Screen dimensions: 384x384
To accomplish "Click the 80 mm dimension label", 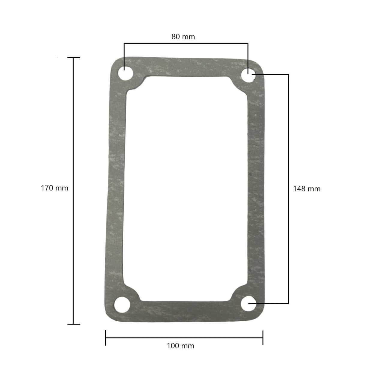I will [183, 37].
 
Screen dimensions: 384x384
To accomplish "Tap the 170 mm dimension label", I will [54, 188].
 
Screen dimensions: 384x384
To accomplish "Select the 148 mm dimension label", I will [307, 189].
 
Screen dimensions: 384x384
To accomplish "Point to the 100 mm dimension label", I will [180, 346].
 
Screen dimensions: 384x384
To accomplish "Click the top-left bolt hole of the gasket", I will [124, 74].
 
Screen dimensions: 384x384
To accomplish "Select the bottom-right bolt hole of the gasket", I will [248, 304].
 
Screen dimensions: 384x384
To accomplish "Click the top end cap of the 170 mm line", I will [73, 58].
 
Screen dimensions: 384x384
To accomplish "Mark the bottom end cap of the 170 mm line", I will [73, 324].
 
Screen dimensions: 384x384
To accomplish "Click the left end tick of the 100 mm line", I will [106, 337].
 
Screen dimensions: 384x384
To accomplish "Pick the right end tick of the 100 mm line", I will [263, 337].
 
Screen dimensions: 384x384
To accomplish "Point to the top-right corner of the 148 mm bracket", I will [288, 74].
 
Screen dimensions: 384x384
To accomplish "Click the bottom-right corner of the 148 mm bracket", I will [288, 303].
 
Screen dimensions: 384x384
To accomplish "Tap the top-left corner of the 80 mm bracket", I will [124, 43].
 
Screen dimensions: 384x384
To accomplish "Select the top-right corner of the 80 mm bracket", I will [248, 43].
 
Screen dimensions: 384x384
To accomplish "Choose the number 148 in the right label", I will [301, 189].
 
